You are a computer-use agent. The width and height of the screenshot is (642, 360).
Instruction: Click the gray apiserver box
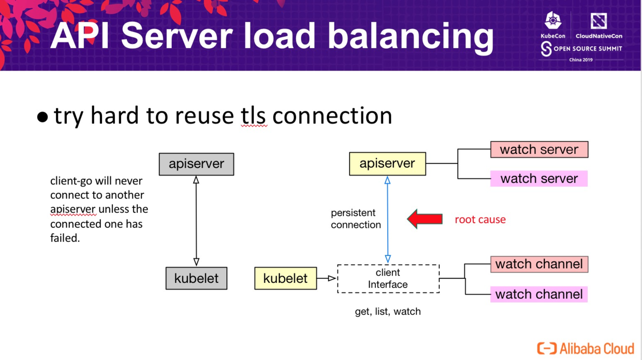pos(196,164)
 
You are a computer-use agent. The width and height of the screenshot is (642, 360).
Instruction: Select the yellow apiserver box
pos(387,164)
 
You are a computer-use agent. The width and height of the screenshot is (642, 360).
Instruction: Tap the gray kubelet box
pos(196,278)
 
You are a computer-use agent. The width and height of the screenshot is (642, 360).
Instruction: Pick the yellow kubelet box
pos(285,278)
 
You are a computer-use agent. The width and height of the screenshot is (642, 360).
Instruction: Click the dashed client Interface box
pos(388,279)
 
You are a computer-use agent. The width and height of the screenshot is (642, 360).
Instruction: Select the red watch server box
pos(539,150)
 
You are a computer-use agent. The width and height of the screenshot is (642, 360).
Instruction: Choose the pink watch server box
pos(539,179)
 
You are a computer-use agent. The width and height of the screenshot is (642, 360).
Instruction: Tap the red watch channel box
pos(539,264)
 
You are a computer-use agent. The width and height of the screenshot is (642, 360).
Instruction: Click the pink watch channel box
pos(539,294)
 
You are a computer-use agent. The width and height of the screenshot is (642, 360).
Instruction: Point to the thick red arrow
pos(425,219)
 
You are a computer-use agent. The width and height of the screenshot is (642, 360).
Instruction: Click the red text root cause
pos(480,220)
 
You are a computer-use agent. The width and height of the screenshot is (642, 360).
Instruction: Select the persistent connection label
pos(356,219)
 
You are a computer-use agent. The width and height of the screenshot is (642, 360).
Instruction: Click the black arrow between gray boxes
pos(196,221)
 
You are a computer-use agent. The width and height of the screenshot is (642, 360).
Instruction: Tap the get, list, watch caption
pos(387,312)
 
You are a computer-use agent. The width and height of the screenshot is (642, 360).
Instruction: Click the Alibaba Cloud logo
pos(585,348)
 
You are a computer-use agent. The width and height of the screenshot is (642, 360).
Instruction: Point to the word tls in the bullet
pos(254,116)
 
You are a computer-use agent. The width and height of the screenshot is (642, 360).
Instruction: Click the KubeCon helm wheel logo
pos(553,21)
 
